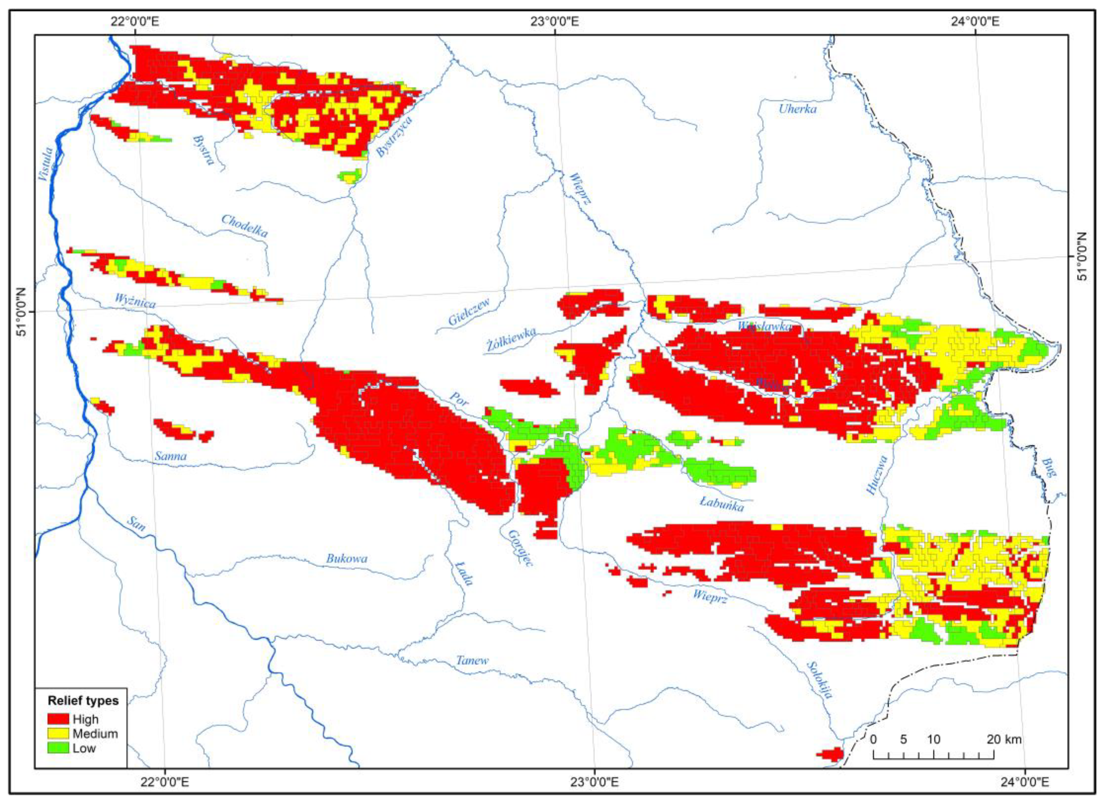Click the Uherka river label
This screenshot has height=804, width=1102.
point(797,109)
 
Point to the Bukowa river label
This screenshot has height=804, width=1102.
point(346,559)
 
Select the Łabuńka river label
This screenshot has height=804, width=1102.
point(722,504)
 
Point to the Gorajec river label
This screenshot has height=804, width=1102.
point(520,547)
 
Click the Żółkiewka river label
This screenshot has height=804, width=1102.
point(511,339)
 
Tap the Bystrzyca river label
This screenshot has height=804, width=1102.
point(394,136)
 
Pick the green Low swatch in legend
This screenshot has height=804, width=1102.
point(58,748)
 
